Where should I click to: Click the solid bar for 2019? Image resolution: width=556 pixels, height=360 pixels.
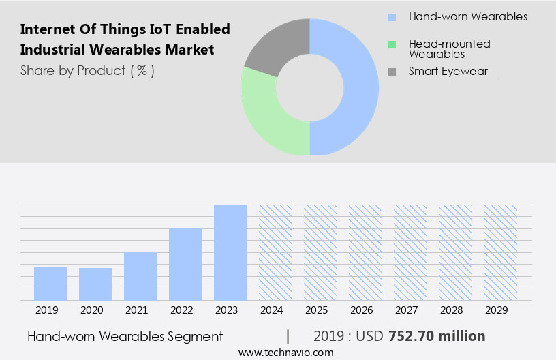[50, 283]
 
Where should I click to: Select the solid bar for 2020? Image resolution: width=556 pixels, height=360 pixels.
[95, 284]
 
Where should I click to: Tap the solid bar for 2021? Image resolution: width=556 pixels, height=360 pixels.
[140, 275]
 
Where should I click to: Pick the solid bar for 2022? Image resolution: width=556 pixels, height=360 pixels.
[185, 264]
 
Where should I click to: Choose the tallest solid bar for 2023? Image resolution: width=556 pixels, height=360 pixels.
[230, 252]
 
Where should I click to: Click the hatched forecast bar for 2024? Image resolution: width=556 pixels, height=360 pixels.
[275, 252]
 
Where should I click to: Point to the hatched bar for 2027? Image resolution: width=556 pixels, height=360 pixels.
[410, 252]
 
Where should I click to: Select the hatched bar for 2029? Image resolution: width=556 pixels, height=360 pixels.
[500, 252]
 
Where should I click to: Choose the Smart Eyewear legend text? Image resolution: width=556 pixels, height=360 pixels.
[448, 71]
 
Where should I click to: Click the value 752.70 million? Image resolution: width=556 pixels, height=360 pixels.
[437, 336]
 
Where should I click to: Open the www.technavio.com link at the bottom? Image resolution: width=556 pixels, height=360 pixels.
[286, 352]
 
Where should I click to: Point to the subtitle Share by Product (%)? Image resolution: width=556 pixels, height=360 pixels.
[87, 70]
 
